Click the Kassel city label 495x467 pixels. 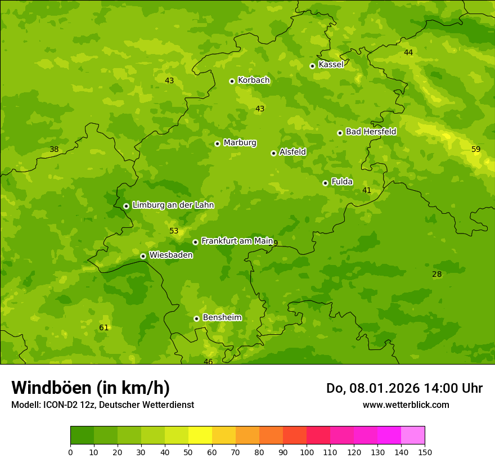(x=331, y=65)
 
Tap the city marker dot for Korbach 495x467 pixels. (x=232, y=81)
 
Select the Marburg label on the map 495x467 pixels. (x=240, y=143)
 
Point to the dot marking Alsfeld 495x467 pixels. (x=273, y=153)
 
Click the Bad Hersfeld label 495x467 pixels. (x=371, y=132)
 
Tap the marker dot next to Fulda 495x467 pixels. (x=325, y=183)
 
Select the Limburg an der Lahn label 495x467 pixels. (x=173, y=205)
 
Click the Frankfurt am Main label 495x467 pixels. (x=237, y=241)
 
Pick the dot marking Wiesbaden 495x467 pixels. (x=143, y=256)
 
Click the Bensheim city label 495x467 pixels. (x=222, y=317)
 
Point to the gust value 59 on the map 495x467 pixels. (x=476, y=150)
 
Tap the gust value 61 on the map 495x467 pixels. (x=103, y=328)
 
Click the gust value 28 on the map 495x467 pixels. (x=436, y=275)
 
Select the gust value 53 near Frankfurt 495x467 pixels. (x=174, y=231)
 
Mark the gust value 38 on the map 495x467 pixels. (x=54, y=150)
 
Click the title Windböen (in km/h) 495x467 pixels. (x=91, y=388)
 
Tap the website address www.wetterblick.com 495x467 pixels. (x=406, y=405)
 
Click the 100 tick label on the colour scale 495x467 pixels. (x=307, y=452)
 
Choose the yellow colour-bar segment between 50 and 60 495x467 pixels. (x=200, y=435)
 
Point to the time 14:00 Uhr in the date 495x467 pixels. (x=448, y=388)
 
